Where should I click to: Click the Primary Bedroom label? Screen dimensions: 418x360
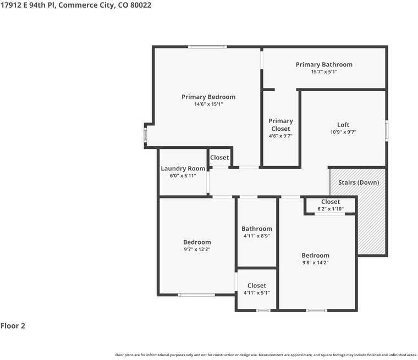click(x=208, y=97)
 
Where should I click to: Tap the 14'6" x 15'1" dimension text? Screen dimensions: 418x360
click(x=208, y=104)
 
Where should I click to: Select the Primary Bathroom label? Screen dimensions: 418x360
click(x=324, y=64)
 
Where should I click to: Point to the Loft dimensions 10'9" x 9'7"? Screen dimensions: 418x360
click(x=343, y=132)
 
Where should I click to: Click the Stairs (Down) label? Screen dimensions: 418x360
click(x=359, y=182)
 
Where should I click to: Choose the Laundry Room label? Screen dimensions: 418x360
click(x=183, y=169)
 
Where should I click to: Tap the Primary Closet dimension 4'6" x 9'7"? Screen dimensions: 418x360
click(x=280, y=136)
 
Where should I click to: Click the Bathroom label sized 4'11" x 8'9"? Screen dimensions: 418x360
click(x=257, y=229)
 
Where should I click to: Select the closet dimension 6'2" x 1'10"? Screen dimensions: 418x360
click(x=331, y=209)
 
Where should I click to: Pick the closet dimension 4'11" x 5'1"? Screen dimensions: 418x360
click(x=257, y=293)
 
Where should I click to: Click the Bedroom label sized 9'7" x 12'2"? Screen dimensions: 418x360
click(x=197, y=242)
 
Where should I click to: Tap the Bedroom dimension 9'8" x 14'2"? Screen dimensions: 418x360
click(x=315, y=263)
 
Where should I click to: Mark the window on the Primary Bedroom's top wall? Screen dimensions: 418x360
click(x=207, y=47)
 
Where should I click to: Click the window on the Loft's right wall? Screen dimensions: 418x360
click(x=387, y=131)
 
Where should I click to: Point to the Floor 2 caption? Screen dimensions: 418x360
click(x=13, y=326)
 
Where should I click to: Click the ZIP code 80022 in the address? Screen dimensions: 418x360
click(x=140, y=5)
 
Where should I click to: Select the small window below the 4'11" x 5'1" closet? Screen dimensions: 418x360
click(x=263, y=311)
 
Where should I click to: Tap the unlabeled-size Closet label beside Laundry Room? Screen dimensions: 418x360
click(x=219, y=158)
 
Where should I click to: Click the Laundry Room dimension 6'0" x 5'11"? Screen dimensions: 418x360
click(x=183, y=176)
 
